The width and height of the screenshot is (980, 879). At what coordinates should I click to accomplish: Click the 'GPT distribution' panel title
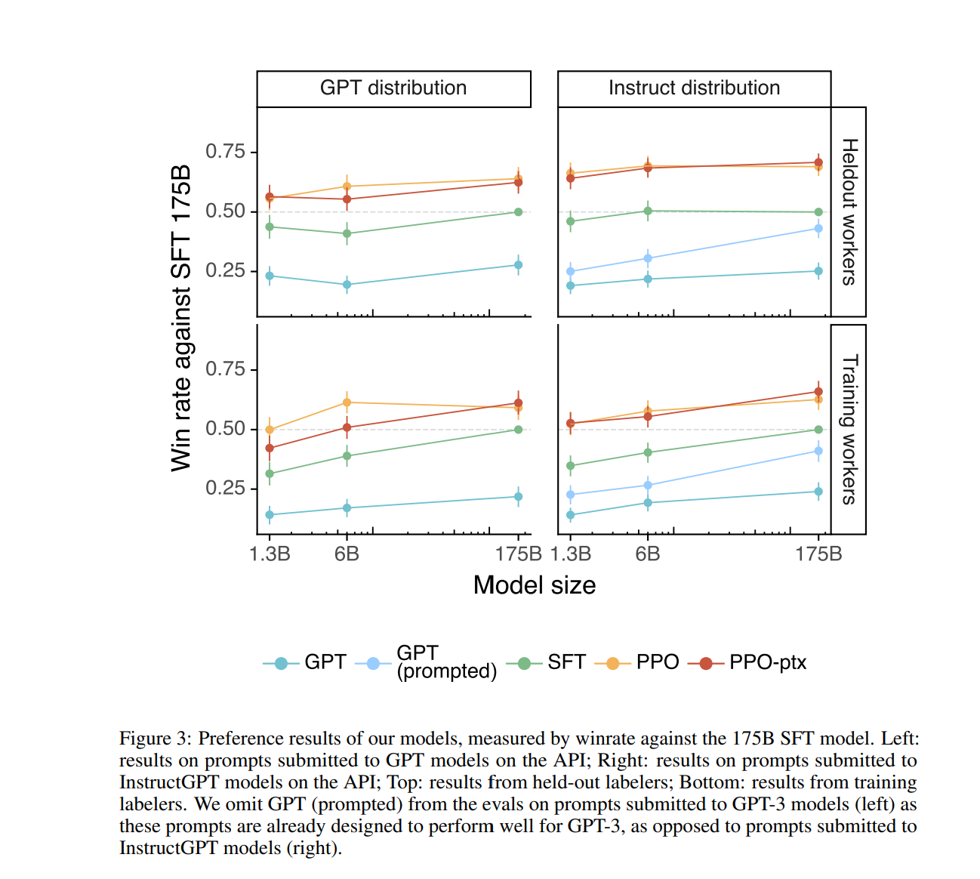393,88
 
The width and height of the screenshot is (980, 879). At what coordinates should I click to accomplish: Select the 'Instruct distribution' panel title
694,88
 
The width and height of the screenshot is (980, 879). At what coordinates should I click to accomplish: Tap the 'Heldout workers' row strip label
849,211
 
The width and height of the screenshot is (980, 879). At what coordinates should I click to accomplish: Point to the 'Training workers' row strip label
849,429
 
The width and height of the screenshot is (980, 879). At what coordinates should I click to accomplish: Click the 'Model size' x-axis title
535,585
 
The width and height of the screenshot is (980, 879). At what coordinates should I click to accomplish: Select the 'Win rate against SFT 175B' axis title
181,318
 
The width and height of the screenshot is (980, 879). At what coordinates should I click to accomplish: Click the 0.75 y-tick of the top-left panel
226,152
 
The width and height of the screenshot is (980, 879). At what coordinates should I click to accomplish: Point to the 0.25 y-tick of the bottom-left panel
226,489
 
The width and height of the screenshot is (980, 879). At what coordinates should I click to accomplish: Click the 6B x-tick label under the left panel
347,554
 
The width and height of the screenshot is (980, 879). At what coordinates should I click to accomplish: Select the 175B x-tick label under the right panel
818,554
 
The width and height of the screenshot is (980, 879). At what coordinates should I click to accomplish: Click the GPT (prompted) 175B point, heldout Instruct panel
818,228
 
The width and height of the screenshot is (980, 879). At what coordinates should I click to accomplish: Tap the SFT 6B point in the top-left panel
347,234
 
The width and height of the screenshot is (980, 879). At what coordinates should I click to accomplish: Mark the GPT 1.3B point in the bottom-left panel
270,515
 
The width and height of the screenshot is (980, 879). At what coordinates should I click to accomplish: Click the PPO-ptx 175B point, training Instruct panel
818,392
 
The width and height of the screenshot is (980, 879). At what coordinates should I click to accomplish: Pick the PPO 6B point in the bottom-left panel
347,402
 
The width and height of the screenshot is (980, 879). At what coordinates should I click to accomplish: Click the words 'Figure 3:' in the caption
156,739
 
